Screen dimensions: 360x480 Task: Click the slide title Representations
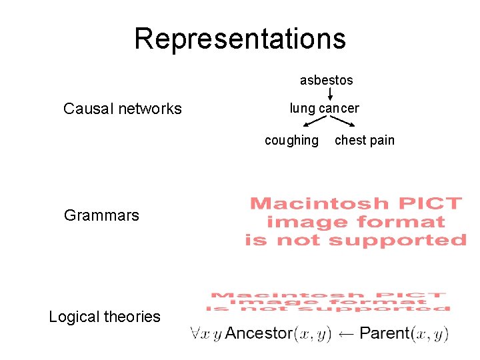[240, 39]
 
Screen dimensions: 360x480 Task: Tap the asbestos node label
[327, 80]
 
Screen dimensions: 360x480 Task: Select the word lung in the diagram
[302, 108]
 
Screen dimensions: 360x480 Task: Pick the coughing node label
[291, 140]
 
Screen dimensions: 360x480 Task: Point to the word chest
[349, 140]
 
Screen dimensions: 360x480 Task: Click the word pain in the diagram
[381, 140]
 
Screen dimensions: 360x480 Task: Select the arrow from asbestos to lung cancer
[329, 94]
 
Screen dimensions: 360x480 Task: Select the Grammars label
[101, 215]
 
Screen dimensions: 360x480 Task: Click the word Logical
[75, 317]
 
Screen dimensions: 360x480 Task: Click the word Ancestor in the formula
[259, 333]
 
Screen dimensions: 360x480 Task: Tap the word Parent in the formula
[385, 333]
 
